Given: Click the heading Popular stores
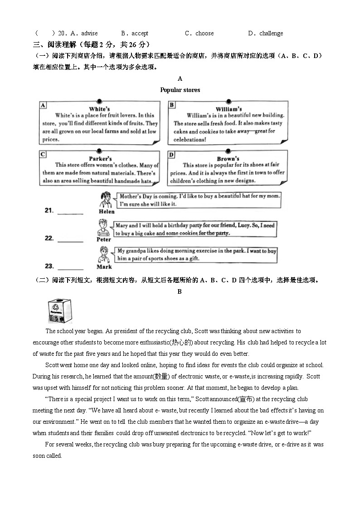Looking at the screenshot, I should point(180,90).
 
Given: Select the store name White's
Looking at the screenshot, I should point(99,109).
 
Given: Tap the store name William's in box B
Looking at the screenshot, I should point(229,109).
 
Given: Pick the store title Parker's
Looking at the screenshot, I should point(100,159).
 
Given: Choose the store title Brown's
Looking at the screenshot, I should point(228,159).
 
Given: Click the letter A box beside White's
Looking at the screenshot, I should point(43,105).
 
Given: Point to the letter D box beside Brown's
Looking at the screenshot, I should point(171,155).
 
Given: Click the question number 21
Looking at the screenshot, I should point(49,210).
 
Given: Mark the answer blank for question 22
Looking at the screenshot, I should point(70,241).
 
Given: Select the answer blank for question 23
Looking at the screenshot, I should point(70,269).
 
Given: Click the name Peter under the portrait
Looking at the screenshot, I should point(104,239).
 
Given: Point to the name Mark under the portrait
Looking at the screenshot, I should point(104,267).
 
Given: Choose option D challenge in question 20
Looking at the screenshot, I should point(266,33).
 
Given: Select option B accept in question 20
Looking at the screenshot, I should point(135,33).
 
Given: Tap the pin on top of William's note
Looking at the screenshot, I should point(229,102).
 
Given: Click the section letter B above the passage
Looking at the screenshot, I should point(180,291).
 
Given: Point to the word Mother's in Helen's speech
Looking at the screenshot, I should point(130,196).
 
